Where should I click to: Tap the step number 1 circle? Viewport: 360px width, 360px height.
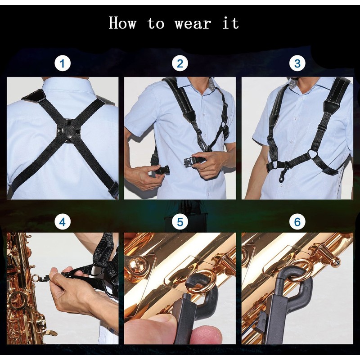pos(63,63)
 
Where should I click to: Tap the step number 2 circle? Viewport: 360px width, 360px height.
pos(180,63)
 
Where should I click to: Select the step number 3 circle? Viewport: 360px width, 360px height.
pos(297,63)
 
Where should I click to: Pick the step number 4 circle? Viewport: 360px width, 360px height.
pos(63,221)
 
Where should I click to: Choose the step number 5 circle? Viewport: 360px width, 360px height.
pos(180,221)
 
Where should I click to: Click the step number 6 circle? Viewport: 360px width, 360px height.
pos(297,221)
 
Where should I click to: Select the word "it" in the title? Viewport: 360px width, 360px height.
pos(230,23)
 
